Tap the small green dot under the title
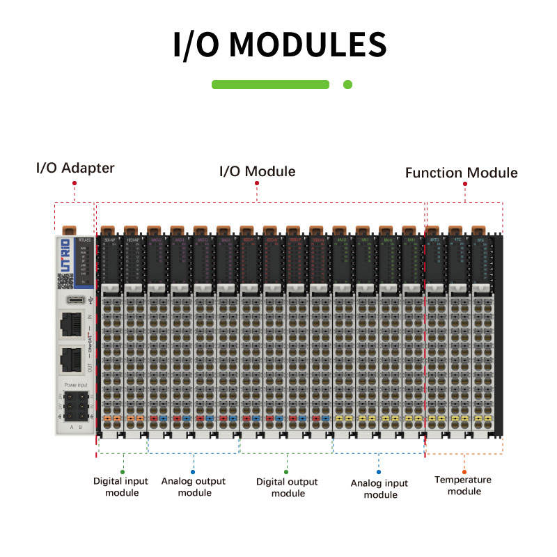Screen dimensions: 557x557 348,84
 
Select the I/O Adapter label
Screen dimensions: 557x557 75,168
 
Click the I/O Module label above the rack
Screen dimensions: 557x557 257,171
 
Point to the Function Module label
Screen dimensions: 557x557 462,172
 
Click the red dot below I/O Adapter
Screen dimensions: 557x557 74,183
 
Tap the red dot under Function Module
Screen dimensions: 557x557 463,187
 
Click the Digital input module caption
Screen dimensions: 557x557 121,487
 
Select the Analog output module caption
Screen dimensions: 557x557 194,487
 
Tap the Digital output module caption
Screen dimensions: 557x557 287,487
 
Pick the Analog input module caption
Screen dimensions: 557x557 380,489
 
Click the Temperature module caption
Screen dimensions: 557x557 463,485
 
